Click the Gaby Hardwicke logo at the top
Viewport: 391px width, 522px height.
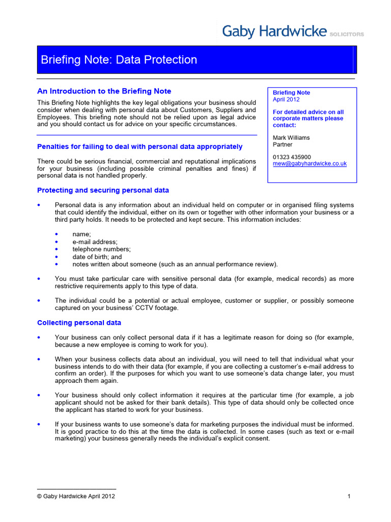274,32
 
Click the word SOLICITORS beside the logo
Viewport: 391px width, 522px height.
347,34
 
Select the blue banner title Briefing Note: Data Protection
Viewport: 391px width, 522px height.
119,60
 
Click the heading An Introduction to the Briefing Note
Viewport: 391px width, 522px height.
104,91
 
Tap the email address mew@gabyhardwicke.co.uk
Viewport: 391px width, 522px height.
310,164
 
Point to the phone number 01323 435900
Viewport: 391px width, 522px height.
292,157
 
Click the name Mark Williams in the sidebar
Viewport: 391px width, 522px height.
291,138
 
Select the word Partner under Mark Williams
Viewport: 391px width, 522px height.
283,144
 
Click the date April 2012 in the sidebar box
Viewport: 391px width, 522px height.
286,99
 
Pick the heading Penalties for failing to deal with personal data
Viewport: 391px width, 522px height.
139,147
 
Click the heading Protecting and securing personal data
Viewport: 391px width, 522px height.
103,190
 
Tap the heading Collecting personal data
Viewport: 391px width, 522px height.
79,323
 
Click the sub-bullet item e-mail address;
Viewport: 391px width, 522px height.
95,242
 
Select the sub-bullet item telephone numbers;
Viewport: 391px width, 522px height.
101,249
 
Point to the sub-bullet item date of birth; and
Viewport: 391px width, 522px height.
97,257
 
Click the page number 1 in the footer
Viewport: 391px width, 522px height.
349,497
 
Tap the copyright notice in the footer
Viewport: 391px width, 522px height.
76,497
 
